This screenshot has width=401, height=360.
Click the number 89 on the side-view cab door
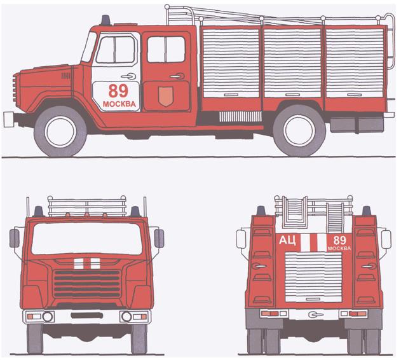click(x=118, y=91)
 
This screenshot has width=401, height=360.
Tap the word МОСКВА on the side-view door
click(x=119, y=104)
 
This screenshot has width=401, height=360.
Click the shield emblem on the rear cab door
click(x=166, y=96)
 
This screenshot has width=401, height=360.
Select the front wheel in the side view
click(x=60, y=131)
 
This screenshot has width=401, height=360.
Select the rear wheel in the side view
click(x=299, y=130)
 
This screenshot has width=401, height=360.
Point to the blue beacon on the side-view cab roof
click(x=105, y=20)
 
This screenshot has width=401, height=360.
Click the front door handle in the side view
click(x=128, y=76)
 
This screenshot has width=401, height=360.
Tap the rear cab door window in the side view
click(x=167, y=50)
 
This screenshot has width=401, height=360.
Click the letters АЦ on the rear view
click(x=287, y=240)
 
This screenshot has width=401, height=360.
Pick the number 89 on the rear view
click(x=339, y=240)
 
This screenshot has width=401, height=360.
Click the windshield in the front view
click(x=86, y=239)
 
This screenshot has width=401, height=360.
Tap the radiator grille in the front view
click(x=87, y=284)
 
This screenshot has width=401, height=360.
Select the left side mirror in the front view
click(x=15, y=238)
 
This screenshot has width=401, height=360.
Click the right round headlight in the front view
click(x=126, y=317)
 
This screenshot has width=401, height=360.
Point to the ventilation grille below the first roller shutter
click(x=240, y=116)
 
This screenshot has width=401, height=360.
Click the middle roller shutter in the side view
click(x=292, y=63)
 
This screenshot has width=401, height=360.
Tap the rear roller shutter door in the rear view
click(x=313, y=277)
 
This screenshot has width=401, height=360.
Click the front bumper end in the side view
click(x=8, y=120)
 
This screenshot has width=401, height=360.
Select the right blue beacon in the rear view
click(x=367, y=211)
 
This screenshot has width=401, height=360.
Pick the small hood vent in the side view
click(x=65, y=76)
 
